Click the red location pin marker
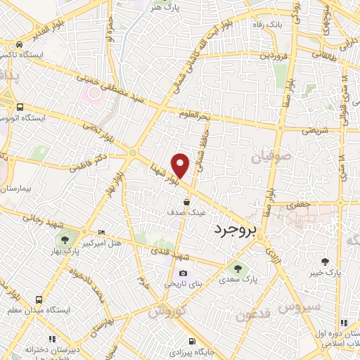click(x=181, y=165)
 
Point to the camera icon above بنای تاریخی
click(x=183, y=274)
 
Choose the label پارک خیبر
click(x=328, y=272)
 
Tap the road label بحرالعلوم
click(x=194, y=114)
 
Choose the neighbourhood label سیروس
click(x=299, y=307)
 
